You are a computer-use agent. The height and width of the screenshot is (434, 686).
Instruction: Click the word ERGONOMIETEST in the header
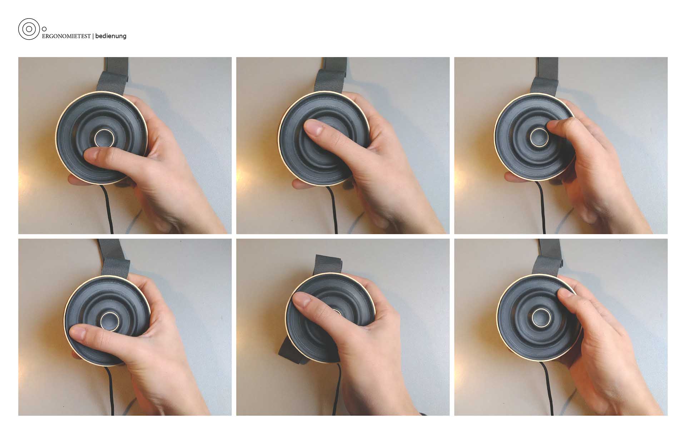click(x=66, y=36)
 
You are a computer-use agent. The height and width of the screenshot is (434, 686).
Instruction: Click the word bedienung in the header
click(x=111, y=36)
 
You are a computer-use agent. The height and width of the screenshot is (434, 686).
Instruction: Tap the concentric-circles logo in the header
click(x=29, y=29)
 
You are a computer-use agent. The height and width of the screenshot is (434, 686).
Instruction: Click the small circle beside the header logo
click(x=44, y=29)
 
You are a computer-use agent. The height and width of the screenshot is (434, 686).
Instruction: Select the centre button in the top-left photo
click(x=104, y=138)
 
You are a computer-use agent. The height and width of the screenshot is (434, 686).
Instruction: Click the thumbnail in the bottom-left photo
click(x=77, y=333)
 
